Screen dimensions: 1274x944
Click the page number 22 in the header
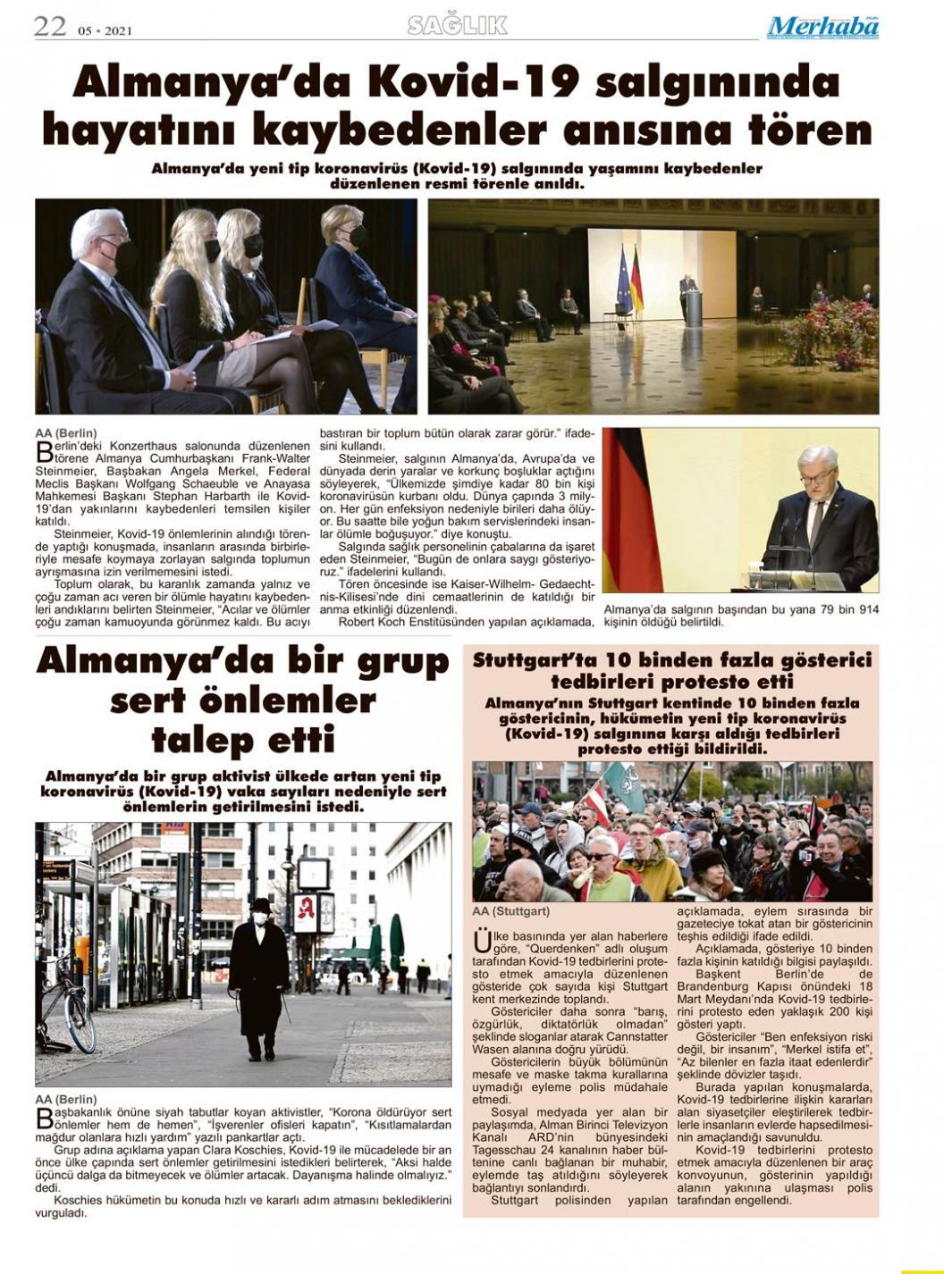[x=50, y=27]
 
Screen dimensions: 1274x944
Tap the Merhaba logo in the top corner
[x=822, y=28]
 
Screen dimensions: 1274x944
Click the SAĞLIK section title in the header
[x=457, y=26]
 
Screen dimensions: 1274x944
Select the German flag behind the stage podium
[x=636, y=281]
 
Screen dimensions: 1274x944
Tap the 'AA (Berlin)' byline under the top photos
[x=66, y=432]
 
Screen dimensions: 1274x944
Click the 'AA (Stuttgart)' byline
[x=510, y=911]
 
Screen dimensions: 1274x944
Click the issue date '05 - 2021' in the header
[x=105, y=30]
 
